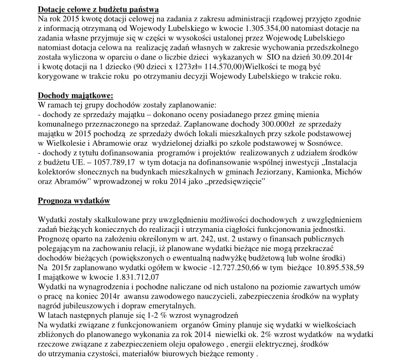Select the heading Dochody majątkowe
click(72, 96)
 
